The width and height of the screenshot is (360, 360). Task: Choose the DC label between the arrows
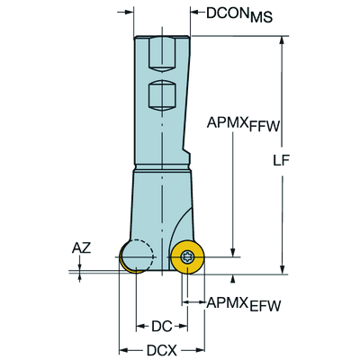coord(161,326)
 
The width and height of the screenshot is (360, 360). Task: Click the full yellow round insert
coord(187,257)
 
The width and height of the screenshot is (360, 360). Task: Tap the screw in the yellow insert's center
coord(187,258)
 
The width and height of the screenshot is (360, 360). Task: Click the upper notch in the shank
coord(160,57)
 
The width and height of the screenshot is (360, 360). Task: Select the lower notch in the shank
coord(160,94)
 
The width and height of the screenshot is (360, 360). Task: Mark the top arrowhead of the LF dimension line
coord(283,41)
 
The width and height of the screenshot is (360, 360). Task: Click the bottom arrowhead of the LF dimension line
coord(283,268)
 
